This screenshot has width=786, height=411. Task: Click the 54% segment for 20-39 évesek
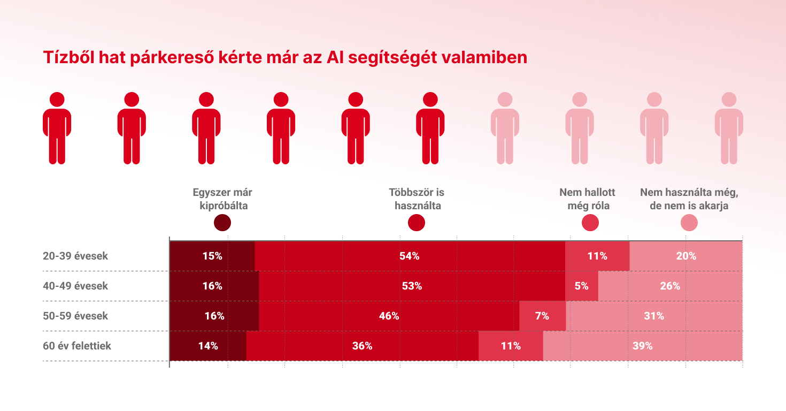[410, 256]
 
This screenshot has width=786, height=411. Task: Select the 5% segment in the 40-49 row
[581, 286]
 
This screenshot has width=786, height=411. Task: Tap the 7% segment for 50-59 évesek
[543, 316]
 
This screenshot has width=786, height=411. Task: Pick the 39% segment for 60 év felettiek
[643, 346]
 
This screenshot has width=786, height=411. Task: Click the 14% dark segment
[208, 346]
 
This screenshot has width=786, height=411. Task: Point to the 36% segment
[363, 346]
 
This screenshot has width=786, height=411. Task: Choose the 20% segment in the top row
[686, 256]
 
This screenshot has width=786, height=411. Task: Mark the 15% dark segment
[212, 256]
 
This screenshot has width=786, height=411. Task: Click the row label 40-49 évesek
[75, 286]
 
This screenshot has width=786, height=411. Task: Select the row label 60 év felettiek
[77, 346]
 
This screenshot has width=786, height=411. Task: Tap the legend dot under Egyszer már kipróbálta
[222, 223]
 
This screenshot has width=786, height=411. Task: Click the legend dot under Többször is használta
[417, 223]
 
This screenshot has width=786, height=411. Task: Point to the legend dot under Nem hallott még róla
[590, 223]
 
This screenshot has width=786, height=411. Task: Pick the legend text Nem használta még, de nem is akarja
[689, 199]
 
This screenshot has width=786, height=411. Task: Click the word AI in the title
[335, 57]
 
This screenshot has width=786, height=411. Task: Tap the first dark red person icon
[57, 128]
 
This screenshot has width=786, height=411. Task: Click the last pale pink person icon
[729, 128]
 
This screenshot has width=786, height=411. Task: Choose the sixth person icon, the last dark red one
[430, 128]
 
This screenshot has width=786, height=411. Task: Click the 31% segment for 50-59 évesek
[654, 316]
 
